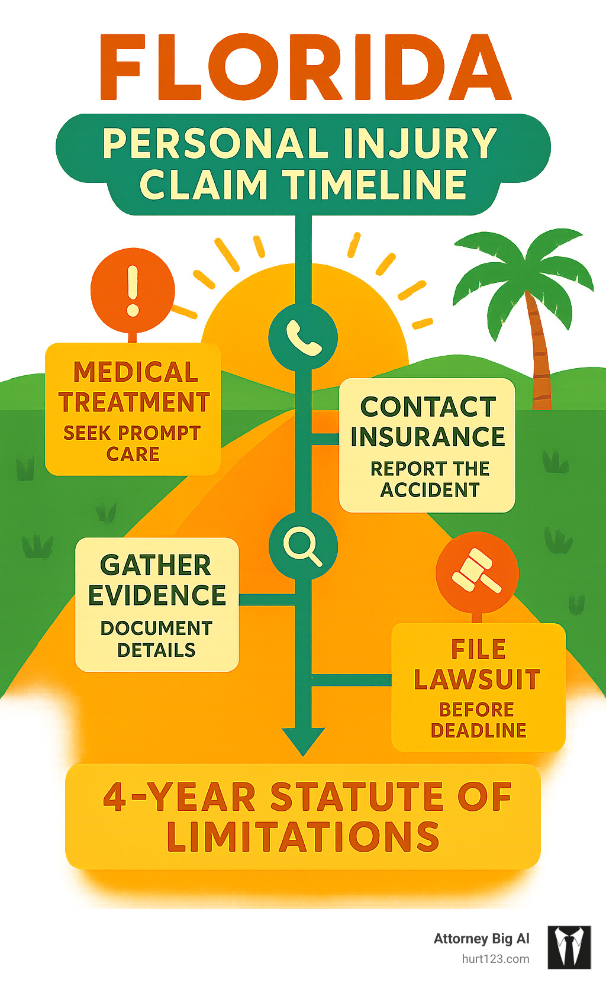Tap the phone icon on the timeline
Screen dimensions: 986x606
click(303, 337)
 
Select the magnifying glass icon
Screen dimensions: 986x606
click(302, 546)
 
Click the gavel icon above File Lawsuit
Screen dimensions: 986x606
click(477, 572)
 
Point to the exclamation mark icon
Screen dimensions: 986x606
click(133, 291)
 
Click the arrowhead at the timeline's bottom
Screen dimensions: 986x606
click(303, 740)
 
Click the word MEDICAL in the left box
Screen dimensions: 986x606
click(136, 372)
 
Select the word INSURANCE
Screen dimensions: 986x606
click(427, 437)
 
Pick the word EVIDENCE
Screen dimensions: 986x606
click(157, 595)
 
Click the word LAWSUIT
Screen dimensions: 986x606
click(477, 679)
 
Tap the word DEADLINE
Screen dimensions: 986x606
click(478, 731)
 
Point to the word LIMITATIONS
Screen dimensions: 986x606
click(303, 837)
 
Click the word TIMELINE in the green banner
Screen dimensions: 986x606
click(377, 184)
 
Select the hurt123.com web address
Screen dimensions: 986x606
click(495, 959)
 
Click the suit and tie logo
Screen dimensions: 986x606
click(569, 947)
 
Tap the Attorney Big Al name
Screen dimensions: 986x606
click(481, 939)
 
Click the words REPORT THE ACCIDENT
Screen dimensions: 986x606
click(430, 479)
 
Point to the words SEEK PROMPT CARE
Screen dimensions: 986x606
click(133, 443)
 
